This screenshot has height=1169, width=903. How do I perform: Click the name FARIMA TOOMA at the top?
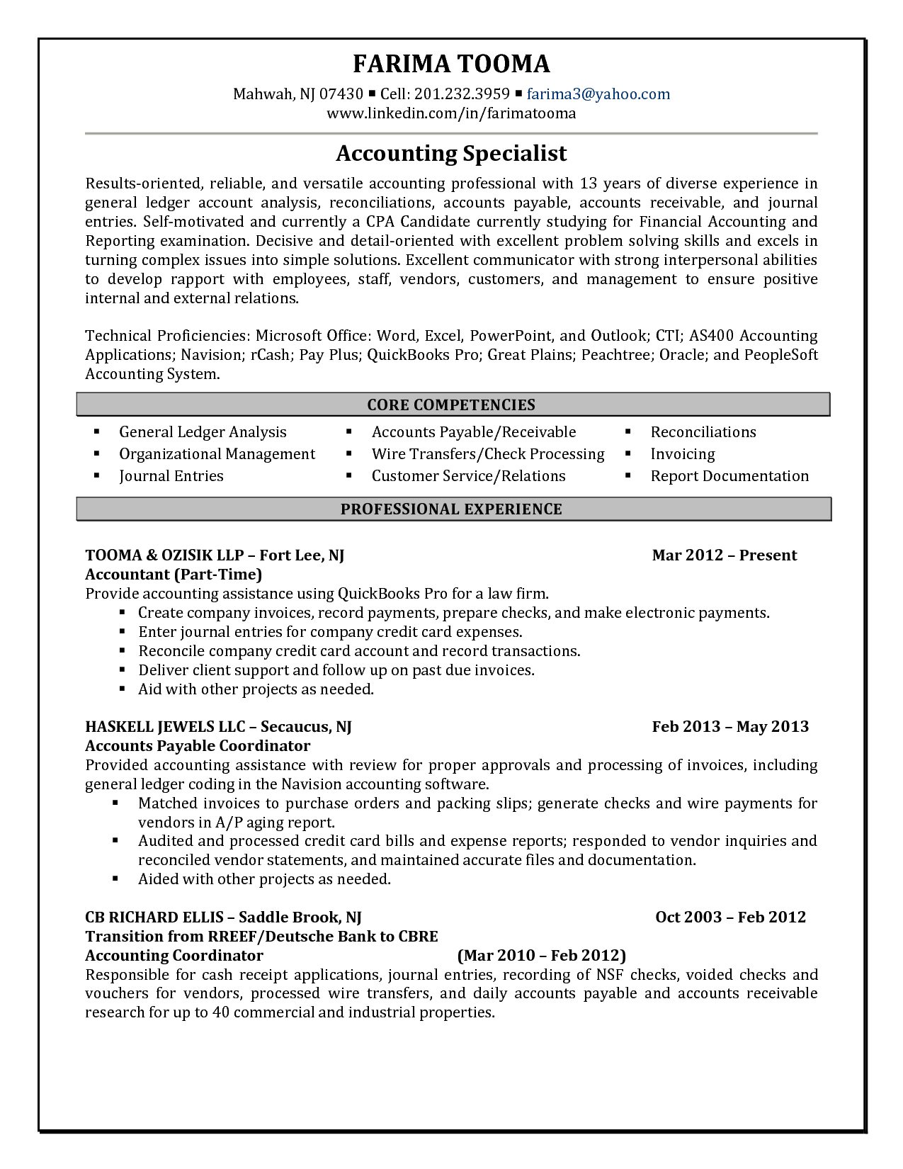click(451, 64)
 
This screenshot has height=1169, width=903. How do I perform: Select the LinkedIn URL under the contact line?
click(451, 113)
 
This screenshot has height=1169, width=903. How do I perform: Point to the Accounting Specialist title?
click(451, 153)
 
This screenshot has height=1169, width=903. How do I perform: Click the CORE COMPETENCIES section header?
click(451, 405)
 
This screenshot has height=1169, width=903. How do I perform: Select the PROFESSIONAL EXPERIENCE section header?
click(451, 509)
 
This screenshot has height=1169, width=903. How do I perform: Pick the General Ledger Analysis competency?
click(203, 432)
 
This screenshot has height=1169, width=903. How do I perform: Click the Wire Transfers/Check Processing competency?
click(488, 454)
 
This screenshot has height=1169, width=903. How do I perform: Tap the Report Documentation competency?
click(729, 476)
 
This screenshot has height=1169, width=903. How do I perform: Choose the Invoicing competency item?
click(683, 454)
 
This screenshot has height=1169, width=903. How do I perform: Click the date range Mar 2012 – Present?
click(724, 555)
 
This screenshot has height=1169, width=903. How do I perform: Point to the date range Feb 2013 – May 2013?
click(730, 727)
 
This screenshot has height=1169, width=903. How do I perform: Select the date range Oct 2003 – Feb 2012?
click(730, 917)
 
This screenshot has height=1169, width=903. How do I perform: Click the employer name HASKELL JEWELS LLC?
click(165, 727)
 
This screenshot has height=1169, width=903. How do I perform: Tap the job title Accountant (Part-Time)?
click(174, 575)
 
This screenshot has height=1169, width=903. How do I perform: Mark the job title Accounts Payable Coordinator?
click(198, 746)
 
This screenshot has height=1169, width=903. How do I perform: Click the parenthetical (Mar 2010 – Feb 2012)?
click(542, 956)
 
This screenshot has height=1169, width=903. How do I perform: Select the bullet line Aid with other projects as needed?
click(256, 689)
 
